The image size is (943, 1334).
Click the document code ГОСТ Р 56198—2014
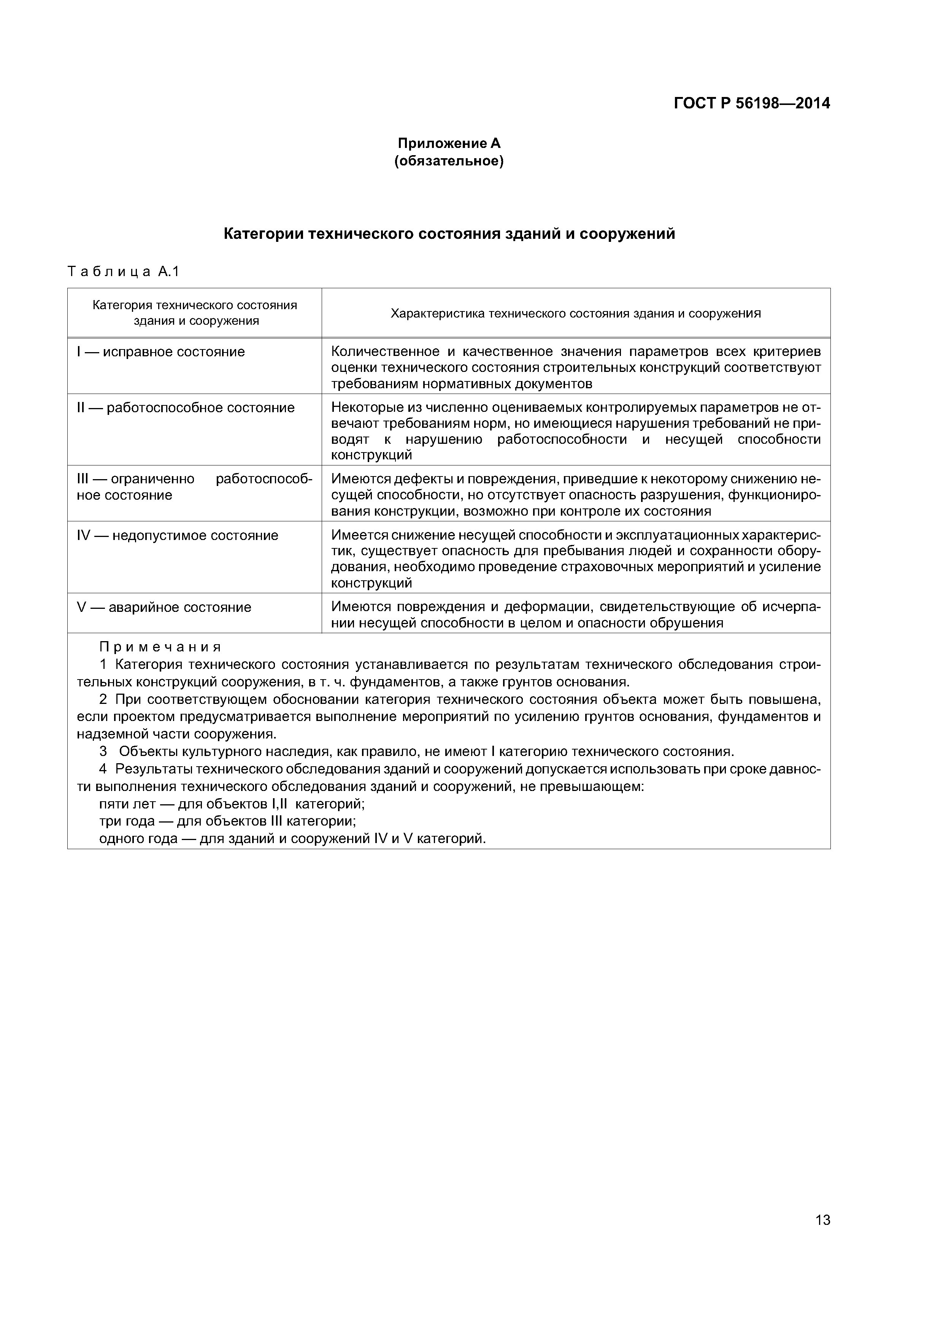tap(751, 103)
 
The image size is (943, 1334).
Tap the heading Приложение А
tap(449, 143)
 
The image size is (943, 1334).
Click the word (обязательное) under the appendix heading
tap(449, 161)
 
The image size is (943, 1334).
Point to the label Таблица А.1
tap(124, 272)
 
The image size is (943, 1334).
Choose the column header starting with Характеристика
tap(575, 314)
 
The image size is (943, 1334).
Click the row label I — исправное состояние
tap(161, 352)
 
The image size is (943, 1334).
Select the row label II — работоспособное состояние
tap(185, 408)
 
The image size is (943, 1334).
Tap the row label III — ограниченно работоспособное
tap(194, 487)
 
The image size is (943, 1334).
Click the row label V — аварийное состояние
tap(164, 607)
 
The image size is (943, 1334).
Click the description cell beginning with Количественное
tap(575, 367)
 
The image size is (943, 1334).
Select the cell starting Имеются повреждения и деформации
tap(575, 615)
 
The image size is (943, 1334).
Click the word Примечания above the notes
tap(160, 647)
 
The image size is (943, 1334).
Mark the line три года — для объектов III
tap(227, 821)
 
